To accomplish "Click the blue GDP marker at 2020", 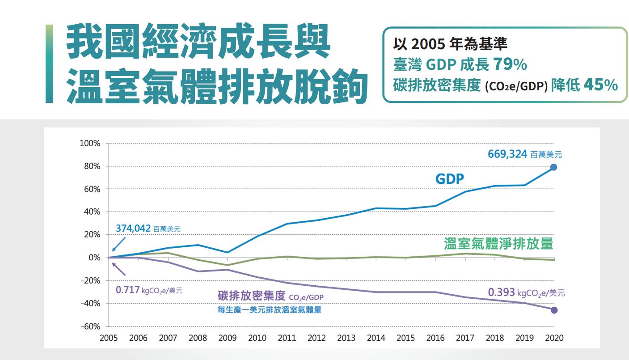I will coord(553,167).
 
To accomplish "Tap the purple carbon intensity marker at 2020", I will coord(554,310).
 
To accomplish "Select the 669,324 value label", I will coord(508,154).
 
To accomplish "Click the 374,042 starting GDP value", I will coord(133,228).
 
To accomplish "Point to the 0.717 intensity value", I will coord(128,290).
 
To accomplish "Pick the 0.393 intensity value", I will coord(501,292).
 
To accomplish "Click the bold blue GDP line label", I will coord(450,179).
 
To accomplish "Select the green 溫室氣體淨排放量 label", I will coord(498,243).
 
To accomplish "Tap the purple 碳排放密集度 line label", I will coord(251,296).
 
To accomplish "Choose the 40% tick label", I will coord(92,212).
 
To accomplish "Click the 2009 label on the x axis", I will coord(228,338).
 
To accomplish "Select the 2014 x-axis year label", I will coord(376,338).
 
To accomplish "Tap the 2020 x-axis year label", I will coord(554,338).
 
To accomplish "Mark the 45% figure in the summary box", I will coord(600,85).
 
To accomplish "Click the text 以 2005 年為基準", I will coord(450,44).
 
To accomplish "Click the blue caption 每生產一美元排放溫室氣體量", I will coord(269,309).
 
